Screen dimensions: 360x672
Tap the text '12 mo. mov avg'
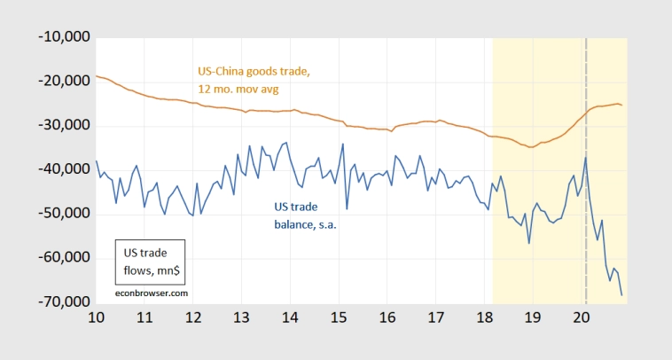tap(238, 89)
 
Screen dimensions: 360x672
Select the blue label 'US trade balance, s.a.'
tap(306, 216)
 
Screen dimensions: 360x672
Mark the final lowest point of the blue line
tap(621, 295)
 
